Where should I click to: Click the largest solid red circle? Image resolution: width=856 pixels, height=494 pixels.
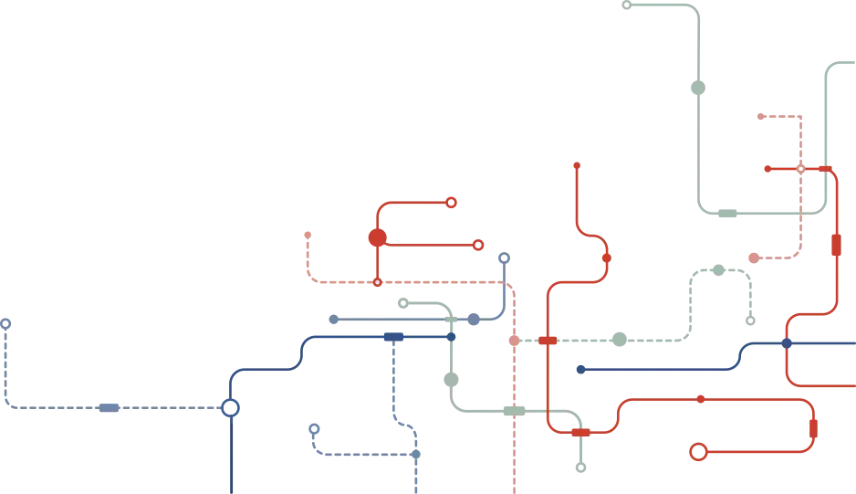coord(378,237)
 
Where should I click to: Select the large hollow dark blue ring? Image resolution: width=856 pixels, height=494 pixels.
coord(230,407)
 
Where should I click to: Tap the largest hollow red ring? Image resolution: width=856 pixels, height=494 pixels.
coord(698,452)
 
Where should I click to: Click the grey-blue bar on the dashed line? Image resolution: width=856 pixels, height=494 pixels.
coord(109,408)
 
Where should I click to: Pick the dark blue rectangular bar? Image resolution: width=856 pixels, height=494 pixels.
coord(393,337)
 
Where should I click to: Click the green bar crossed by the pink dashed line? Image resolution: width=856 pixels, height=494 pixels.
coord(515,412)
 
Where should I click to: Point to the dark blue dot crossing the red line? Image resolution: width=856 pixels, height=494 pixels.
coord(787,343)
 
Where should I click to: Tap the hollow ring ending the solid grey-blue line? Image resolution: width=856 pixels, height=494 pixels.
coord(504,258)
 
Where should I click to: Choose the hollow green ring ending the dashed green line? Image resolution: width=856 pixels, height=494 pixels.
coord(750,321)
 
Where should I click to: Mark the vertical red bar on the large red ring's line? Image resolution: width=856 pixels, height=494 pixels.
coord(813,428)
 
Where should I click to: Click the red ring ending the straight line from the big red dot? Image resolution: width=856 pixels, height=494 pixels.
coord(477,245)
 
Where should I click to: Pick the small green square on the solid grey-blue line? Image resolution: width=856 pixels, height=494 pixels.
coord(451,320)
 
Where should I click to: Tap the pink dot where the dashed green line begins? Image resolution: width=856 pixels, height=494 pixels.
coord(514,341)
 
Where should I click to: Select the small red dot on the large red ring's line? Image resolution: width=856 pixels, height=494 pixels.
coord(701,399)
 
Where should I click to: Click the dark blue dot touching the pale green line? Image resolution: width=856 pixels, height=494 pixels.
coord(451,337)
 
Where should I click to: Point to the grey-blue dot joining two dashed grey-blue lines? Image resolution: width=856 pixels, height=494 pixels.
coord(415,454)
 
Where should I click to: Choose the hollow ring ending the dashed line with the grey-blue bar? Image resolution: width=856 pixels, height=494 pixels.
coord(5,324)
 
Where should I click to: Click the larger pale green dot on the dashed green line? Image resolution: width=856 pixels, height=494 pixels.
coord(620,340)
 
